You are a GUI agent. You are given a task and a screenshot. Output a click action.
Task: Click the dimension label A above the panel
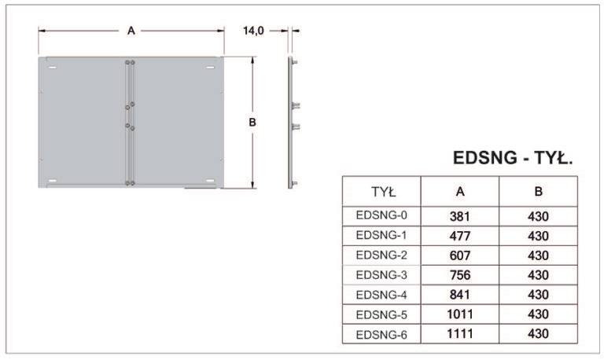point(131,31)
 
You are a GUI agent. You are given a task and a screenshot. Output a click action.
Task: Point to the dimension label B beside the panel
point(252,123)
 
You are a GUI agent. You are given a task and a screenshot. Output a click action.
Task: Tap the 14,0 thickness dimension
point(253,31)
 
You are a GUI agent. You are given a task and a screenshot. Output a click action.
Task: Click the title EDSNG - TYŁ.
point(513,158)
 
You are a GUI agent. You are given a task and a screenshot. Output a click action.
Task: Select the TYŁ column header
point(383,192)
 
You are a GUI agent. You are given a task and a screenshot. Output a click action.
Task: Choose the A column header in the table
point(460,192)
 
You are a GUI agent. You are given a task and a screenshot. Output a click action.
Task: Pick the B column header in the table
point(538,192)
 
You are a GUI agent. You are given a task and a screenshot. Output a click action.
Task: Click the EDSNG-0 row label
point(381,215)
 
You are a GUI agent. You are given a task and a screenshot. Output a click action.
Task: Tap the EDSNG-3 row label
point(381,275)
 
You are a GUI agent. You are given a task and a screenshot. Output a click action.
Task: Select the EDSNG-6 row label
point(381,335)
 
